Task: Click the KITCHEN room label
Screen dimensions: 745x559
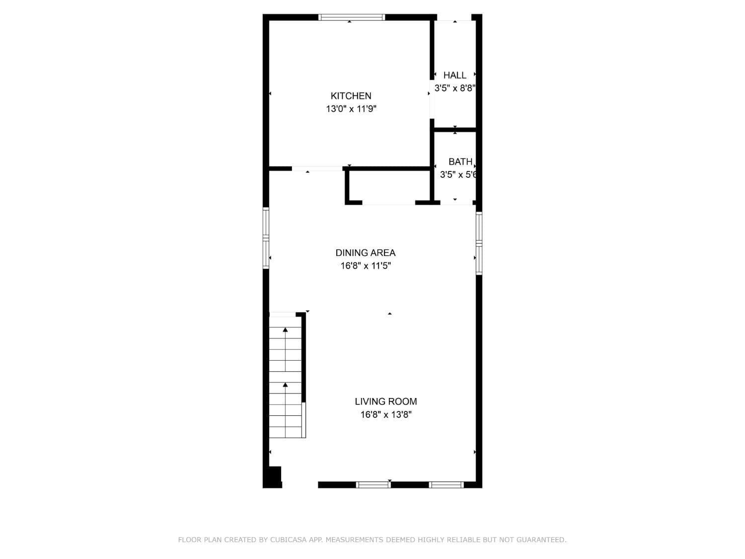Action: coord(351,96)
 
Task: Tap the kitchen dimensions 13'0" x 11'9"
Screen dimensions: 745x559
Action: coord(351,109)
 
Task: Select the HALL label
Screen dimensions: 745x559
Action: coord(455,76)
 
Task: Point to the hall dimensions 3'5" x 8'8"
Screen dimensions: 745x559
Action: coord(455,88)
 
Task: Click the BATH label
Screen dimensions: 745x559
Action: coord(460,162)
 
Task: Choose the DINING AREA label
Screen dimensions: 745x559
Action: coord(366,253)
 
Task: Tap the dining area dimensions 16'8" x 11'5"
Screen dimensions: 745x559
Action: coord(366,266)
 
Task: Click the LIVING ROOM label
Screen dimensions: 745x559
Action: coord(386,401)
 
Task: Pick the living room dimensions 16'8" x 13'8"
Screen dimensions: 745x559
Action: coord(386,415)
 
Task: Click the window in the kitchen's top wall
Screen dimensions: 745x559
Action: coord(352,17)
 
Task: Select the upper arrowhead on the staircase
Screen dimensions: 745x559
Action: coord(286,329)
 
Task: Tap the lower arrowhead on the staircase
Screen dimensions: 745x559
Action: coord(286,385)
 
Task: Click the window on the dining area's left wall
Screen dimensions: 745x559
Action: coord(266,238)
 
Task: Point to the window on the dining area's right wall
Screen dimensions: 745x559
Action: coord(479,243)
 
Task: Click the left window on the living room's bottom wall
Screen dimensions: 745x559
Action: coord(373,484)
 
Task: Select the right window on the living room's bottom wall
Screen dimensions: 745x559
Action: coord(446,484)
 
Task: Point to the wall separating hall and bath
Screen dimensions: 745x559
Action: coord(455,130)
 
